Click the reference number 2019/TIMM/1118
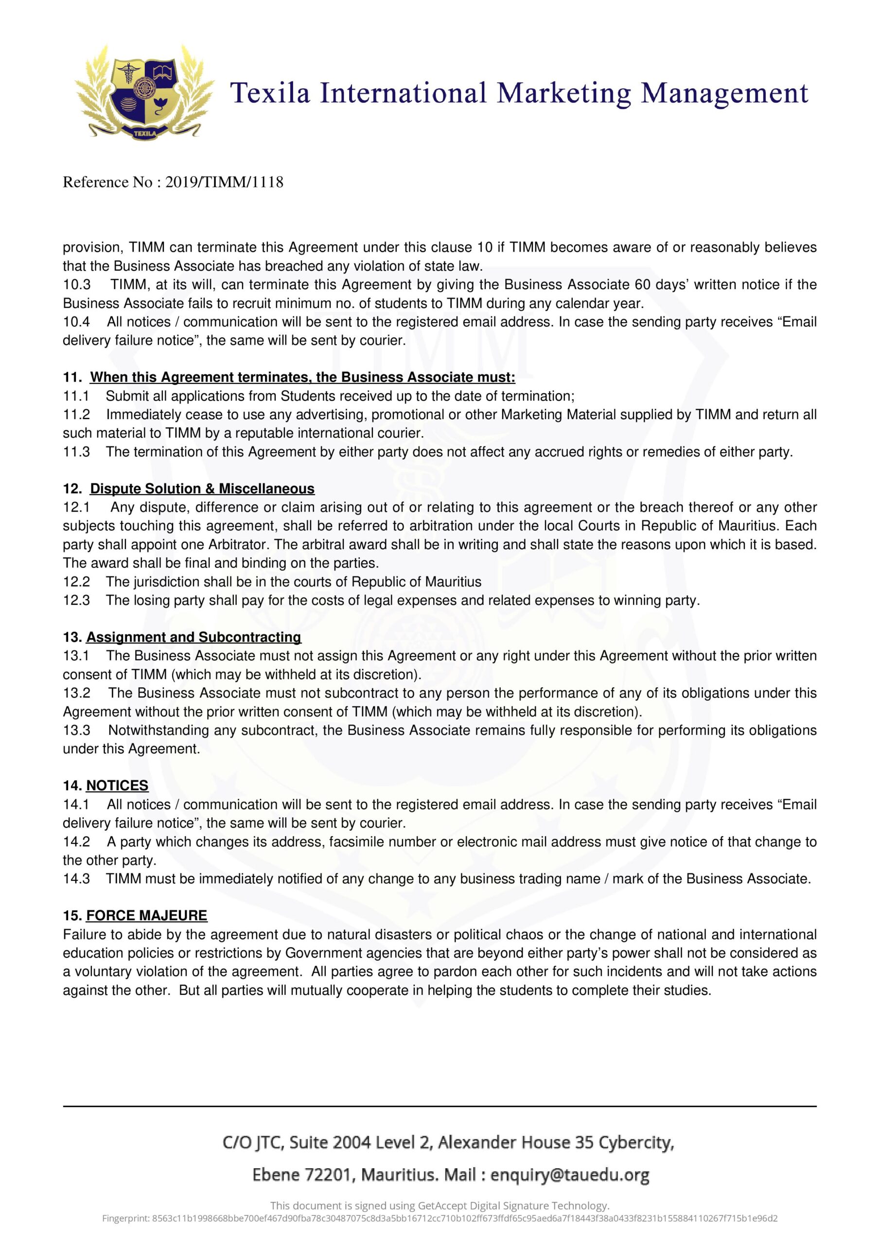click(224, 183)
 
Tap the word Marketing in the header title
click(564, 93)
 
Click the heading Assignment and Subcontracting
click(194, 637)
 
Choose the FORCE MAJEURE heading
click(146, 916)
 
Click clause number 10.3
click(76, 285)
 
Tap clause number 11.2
click(76, 415)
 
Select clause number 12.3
click(76, 600)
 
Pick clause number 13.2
click(76, 693)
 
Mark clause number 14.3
click(76, 879)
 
